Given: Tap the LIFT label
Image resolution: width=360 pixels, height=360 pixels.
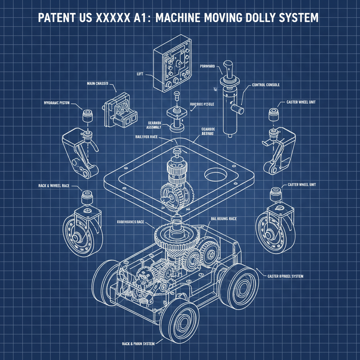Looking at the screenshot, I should click(140, 74).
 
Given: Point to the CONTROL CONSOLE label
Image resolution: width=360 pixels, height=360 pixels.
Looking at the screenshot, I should click(266, 85).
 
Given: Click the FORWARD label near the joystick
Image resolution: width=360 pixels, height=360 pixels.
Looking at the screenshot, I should click(207, 66).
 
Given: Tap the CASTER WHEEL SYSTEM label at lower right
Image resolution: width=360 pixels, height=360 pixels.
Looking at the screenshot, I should click(285, 276).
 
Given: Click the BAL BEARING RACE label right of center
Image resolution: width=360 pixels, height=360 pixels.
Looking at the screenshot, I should click(224, 218).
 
